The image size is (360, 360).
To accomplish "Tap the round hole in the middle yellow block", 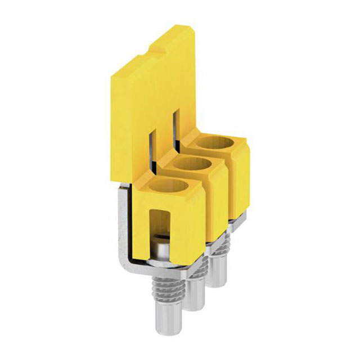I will pyautogui.click(x=191, y=167).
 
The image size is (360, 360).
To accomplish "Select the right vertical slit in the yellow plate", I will pyautogui.click(x=177, y=127).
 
